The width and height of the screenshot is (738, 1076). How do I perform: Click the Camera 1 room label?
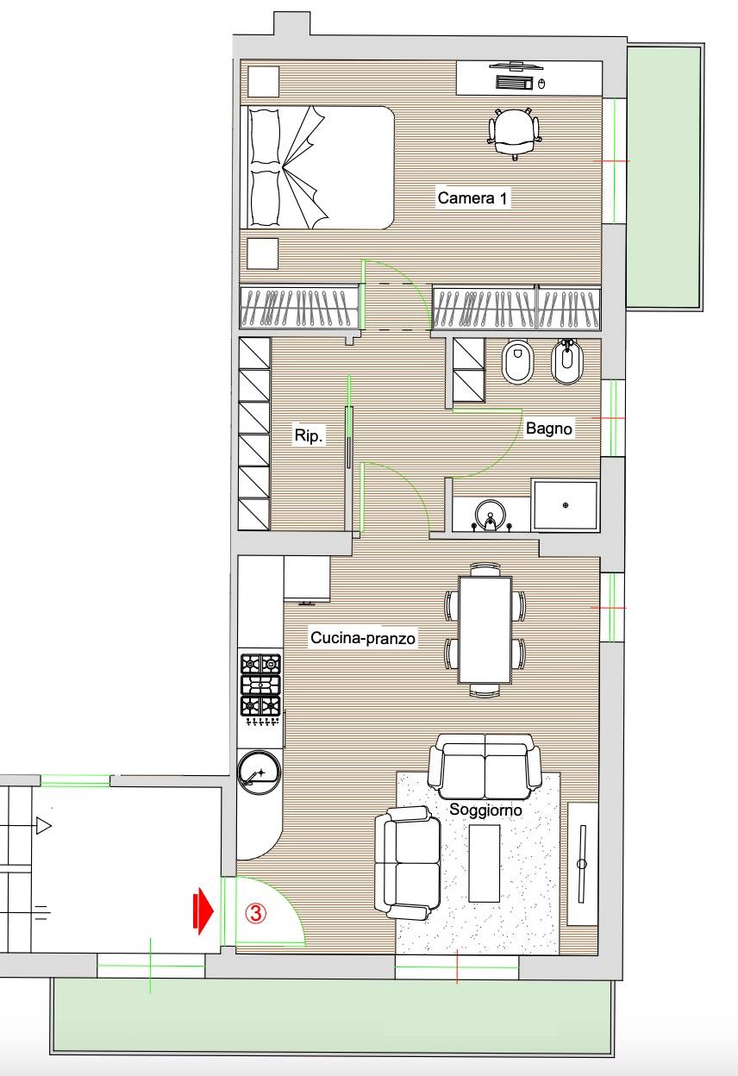coord(472,198)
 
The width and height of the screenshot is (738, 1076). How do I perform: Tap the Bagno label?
coord(548,428)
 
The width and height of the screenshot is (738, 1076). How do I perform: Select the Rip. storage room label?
coord(309,435)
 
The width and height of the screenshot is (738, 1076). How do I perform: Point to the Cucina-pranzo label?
coord(363,638)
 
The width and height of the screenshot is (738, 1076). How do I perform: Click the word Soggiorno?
coord(485,810)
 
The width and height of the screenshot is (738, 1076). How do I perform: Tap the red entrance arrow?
coord(203,910)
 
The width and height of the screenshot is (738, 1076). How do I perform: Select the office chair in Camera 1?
coord(514,131)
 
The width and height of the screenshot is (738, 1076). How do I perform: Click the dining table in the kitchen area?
coord(485,629)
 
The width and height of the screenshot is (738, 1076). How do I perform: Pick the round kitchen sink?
coord(260,774)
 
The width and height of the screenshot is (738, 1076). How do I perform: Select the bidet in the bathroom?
coord(567,363)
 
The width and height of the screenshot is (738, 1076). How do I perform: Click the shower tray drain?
coord(566,505)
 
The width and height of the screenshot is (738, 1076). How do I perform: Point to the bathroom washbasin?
coord(490,516)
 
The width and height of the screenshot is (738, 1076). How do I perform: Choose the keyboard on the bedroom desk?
coord(514,83)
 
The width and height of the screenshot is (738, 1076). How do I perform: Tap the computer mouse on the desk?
coord(542,84)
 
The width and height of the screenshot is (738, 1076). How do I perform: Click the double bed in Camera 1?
coord(317,167)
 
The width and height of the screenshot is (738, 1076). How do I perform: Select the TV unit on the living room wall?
coord(583,864)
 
